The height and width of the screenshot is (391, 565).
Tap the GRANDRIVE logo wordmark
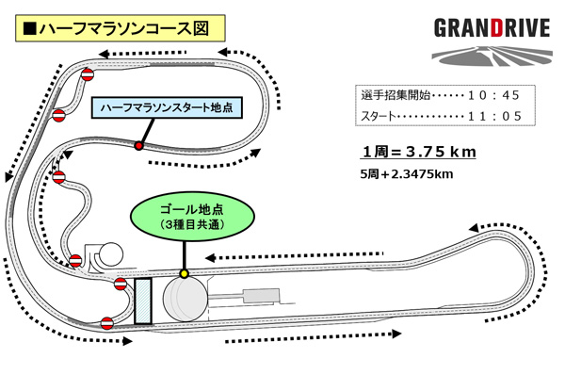(x=491, y=26)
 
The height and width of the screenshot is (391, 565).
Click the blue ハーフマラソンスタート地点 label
(x=168, y=109)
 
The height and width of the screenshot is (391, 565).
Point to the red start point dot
(x=138, y=146)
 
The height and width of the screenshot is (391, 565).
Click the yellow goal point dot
(x=185, y=274)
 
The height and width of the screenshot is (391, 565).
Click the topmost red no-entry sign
(x=87, y=75)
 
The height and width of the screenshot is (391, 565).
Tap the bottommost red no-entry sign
(x=108, y=322)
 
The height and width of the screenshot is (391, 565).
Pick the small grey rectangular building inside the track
(x=259, y=298)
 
